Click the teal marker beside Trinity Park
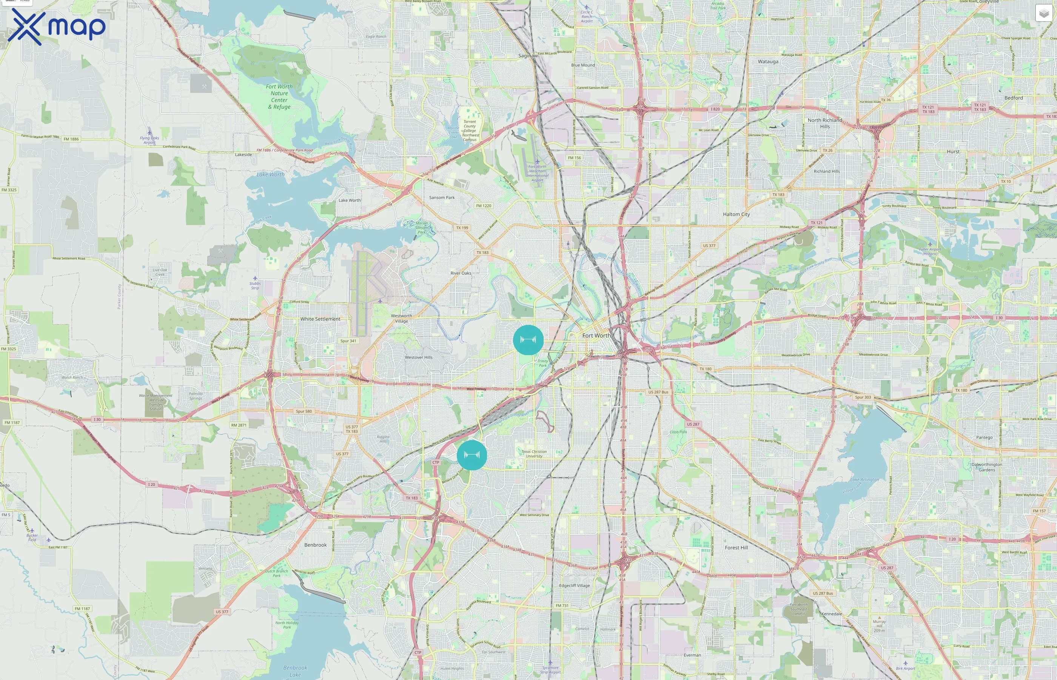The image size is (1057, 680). click(528, 340)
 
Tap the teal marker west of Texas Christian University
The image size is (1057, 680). click(471, 455)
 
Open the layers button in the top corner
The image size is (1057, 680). click(1043, 13)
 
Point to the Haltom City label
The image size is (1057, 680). click(736, 214)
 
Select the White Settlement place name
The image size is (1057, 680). click(320, 319)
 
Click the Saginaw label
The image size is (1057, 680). click(528, 56)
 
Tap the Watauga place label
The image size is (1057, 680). click(768, 61)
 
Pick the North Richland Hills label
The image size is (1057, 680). click(825, 123)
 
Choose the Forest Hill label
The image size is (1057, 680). click(736, 547)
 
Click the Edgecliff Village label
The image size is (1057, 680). click(575, 586)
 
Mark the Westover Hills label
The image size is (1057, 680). click(419, 357)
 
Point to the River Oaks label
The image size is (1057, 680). click(461, 273)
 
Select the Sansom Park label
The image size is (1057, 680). click(442, 197)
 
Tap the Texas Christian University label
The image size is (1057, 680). click(534, 453)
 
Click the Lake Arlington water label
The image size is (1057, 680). click(864, 479)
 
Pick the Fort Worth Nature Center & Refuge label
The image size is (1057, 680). click(279, 97)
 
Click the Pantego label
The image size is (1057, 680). click(984, 437)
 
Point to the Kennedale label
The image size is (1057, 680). click(832, 614)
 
